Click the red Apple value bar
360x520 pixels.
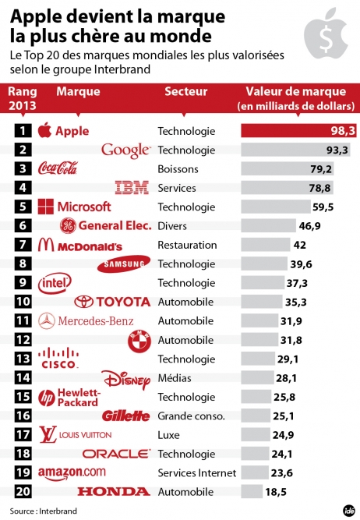click(x=298, y=131)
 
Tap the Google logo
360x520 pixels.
click(x=126, y=150)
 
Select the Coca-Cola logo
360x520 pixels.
click(x=58, y=168)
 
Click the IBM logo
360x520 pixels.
click(x=132, y=187)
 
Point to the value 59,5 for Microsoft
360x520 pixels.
click(x=323, y=207)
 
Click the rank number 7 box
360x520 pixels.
click(x=23, y=245)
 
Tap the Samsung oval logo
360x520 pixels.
click(x=124, y=264)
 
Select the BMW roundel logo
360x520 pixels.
click(x=139, y=341)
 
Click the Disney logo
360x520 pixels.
click(x=126, y=380)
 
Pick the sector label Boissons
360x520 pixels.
click(x=178, y=169)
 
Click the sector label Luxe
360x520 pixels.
click(x=169, y=435)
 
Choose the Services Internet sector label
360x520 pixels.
click(x=197, y=472)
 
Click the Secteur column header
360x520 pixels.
click(x=186, y=91)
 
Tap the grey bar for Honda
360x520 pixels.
click(x=252, y=491)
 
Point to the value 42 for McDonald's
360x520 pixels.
click(x=300, y=245)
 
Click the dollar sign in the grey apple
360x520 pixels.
click(x=326, y=39)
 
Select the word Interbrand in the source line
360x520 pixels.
click(x=58, y=511)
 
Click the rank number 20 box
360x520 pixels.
click(x=23, y=491)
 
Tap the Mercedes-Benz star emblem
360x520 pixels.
click(x=47, y=321)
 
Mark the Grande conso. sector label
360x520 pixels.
click(x=191, y=416)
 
